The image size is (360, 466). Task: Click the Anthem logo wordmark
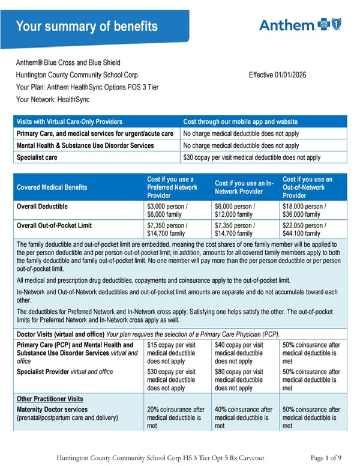pos(287,25)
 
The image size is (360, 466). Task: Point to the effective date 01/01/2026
pos(282,75)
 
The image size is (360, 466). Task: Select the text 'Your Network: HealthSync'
pos(52,99)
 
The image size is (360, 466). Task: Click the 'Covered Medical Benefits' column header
pos(52,187)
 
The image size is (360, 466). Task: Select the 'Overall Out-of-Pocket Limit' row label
pos(56,226)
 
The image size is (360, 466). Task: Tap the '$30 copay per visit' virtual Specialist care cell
pos(251,157)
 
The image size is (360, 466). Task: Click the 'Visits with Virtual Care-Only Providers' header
pos(70,122)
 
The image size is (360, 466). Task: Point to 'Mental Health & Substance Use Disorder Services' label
pos(85,145)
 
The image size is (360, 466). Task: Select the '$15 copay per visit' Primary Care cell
pos(172,353)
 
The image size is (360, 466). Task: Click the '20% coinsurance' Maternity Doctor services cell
pos(176,417)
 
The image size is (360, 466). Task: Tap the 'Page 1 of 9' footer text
pos(326,458)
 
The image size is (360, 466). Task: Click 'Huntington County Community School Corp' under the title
pos(77,75)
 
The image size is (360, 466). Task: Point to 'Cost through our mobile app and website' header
pos(240,122)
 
